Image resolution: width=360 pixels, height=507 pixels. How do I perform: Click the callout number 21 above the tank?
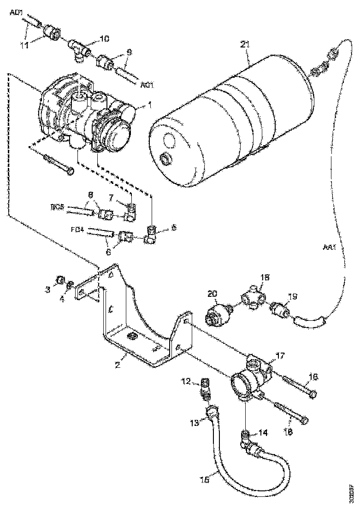(245, 45)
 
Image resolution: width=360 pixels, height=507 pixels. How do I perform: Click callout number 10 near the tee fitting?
(105, 39)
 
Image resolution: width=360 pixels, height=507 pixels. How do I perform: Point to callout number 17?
(280, 355)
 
